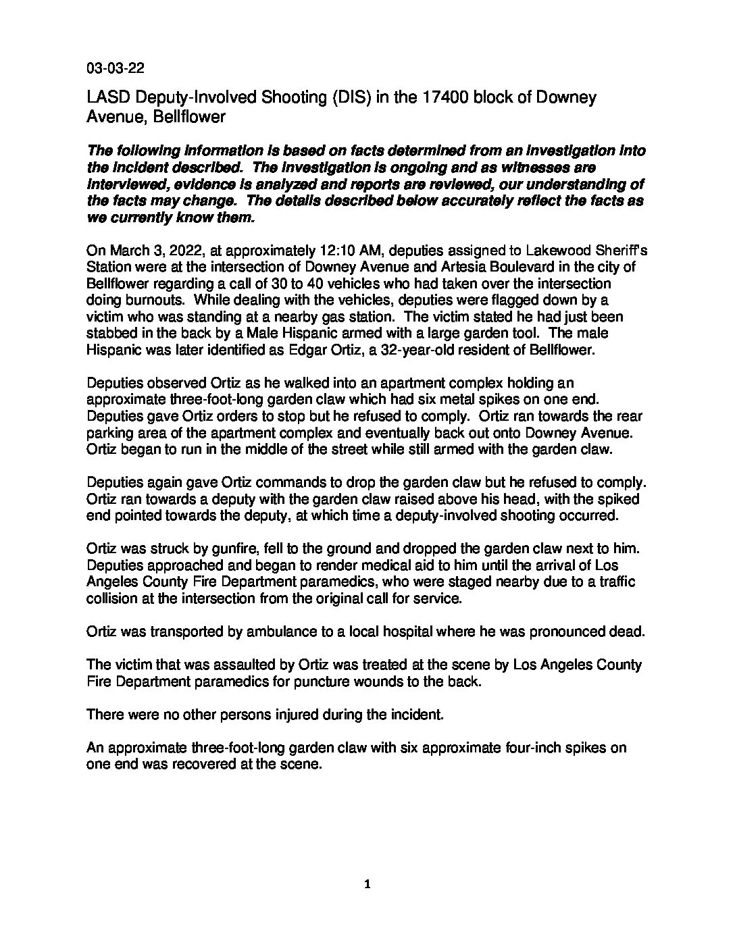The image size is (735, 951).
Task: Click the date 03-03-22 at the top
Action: (115, 68)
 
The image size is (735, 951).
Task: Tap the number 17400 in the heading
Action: (449, 98)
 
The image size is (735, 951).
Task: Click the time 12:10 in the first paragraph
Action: (329, 252)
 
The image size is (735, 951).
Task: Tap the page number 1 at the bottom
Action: (367, 884)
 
